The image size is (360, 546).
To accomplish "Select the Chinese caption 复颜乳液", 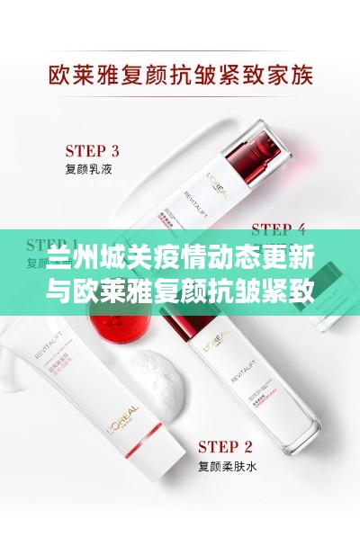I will click(x=88, y=167).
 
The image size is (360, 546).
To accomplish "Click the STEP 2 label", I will click(x=225, y=445).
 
